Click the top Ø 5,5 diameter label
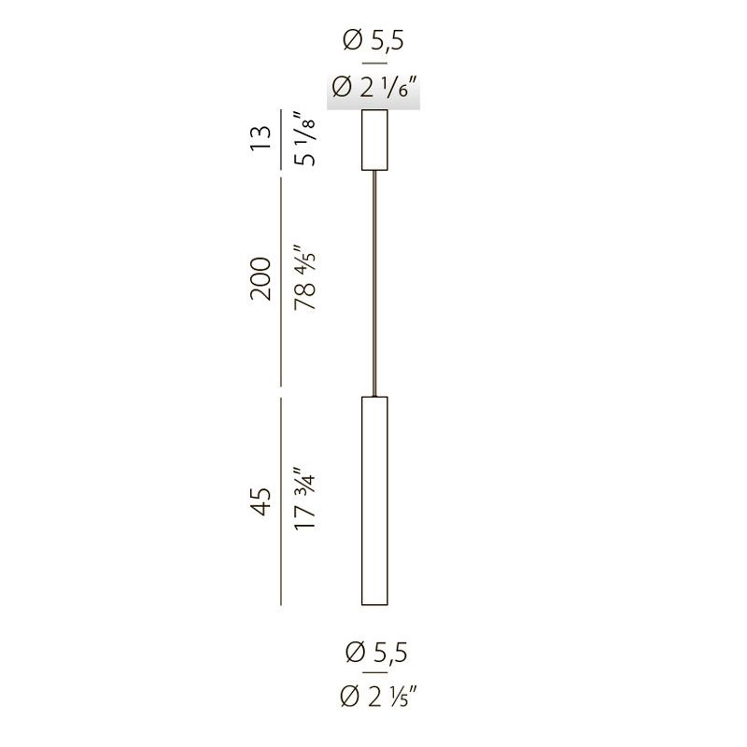click(373, 40)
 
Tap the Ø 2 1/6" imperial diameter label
click(375, 88)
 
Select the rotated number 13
click(261, 138)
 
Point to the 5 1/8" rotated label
click(305, 138)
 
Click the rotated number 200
click(261, 278)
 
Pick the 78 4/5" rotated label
click(305, 277)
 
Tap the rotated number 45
click(261, 501)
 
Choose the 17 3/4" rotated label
click(305, 498)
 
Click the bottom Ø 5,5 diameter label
click(376, 652)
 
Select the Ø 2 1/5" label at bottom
click(379, 697)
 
